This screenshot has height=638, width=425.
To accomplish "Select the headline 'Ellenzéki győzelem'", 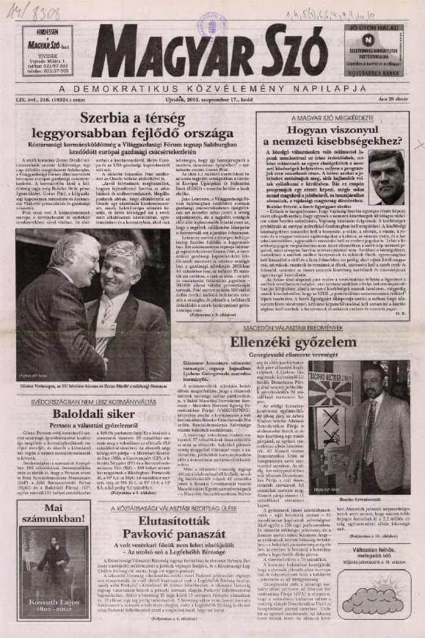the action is point(303,342).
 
